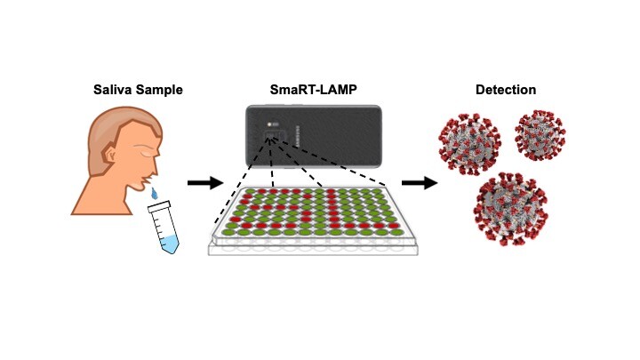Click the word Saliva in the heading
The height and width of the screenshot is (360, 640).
click(112, 90)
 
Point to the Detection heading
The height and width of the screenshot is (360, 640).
click(505, 90)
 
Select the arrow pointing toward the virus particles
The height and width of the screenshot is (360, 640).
click(418, 183)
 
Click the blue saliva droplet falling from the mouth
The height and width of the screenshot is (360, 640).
click(156, 193)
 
